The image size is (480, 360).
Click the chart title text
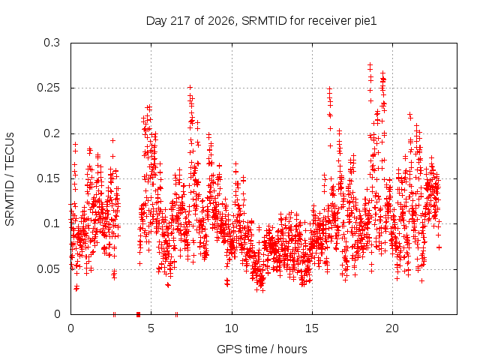point(261,21)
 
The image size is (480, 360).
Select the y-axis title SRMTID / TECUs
point(10,179)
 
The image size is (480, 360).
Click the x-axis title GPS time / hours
point(262,349)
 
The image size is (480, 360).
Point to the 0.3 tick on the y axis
point(52,43)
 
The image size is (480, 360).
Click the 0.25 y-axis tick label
point(48,88)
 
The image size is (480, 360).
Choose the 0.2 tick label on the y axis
point(52,133)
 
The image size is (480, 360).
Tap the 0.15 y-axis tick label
point(48,178)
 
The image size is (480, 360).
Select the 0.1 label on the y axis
point(52,223)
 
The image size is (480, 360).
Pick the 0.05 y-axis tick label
point(48,269)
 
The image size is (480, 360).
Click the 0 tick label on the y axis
point(57,314)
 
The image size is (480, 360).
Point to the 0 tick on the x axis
point(70,328)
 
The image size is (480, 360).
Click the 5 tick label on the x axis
point(151,328)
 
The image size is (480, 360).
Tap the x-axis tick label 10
point(232,328)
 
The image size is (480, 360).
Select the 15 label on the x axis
point(312,328)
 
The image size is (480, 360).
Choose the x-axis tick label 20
point(392,328)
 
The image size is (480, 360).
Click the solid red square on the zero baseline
point(138,314)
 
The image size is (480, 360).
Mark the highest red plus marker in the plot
point(370,65)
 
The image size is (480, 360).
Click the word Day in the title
point(157,21)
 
